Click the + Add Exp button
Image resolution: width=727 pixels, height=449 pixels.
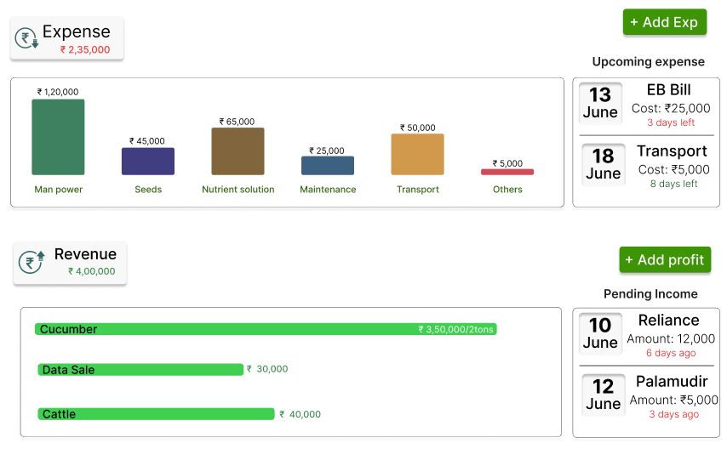tap(665, 22)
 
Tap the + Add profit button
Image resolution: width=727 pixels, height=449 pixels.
tap(665, 259)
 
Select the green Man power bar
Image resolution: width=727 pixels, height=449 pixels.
tap(58, 137)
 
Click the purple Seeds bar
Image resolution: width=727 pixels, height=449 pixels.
tap(148, 162)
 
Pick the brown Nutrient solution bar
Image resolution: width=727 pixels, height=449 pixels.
tap(238, 151)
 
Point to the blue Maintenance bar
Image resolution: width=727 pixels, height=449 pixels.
tap(328, 166)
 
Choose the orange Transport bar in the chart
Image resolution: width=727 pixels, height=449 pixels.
tap(417, 154)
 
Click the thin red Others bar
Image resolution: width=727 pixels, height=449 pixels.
tap(507, 172)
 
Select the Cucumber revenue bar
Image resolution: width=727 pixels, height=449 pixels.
tap(266, 329)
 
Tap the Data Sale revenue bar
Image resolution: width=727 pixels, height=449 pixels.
tap(140, 370)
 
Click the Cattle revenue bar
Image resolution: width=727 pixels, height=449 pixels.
tap(156, 414)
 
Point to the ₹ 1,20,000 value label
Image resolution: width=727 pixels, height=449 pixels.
tap(58, 92)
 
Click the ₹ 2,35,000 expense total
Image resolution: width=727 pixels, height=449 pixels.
tap(85, 50)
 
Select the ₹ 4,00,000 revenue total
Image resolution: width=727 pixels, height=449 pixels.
tap(92, 271)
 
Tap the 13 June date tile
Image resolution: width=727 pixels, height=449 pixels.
tap(601, 103)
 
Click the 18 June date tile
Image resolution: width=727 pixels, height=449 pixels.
tap(603, 164)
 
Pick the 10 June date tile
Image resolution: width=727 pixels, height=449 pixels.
tap(601, 333)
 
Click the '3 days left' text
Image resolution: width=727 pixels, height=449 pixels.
tap(671, 122)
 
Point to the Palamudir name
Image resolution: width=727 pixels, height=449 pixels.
tap(672, 382)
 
